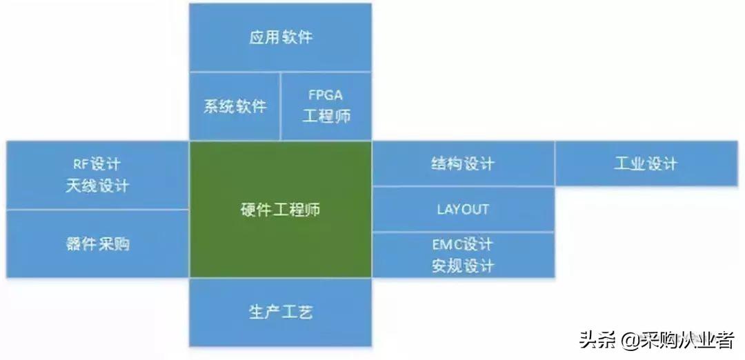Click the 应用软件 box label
280,37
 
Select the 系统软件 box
235,107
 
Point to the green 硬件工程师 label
280,210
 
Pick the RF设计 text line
97,164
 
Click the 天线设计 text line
97,186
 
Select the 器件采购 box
97,243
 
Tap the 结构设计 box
463,164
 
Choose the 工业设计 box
646,164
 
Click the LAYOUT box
463,209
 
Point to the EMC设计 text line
463,245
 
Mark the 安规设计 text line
463,266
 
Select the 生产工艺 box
280,312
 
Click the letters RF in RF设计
80,164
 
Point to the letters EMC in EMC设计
446,245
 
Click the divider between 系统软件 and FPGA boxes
281,106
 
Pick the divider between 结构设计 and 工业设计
555,164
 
